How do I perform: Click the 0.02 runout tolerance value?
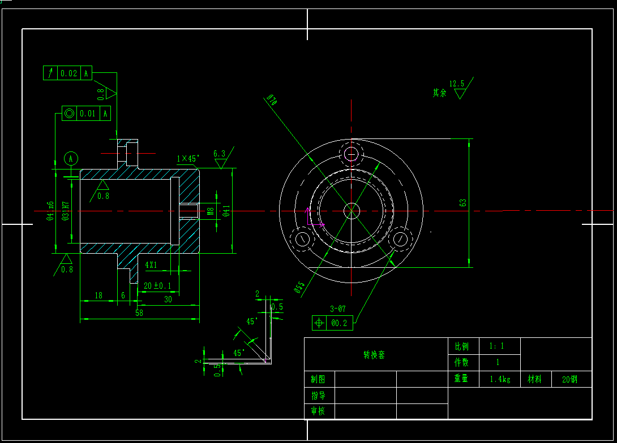click(68, 73)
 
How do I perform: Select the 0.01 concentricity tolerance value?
click(87, 114)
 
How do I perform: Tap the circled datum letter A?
click(71, 158)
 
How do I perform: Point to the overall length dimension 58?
click(139, 312)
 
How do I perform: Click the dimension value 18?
click(98, 295)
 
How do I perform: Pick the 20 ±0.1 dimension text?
click(157, 286)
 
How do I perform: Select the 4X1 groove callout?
click(151, 264)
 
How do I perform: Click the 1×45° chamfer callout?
click(187, 159)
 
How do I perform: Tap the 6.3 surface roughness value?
click(219, 153)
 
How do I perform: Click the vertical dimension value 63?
click(462, 202)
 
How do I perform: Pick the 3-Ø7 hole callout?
click(337, 309)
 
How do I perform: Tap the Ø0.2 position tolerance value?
click(339, 323)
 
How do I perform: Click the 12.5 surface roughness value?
click(456, 84)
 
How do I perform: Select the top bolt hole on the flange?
click(351, 154)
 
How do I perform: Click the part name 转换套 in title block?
click(374, 355)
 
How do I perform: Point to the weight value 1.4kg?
click(500, 379)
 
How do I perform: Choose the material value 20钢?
click(569, 379)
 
